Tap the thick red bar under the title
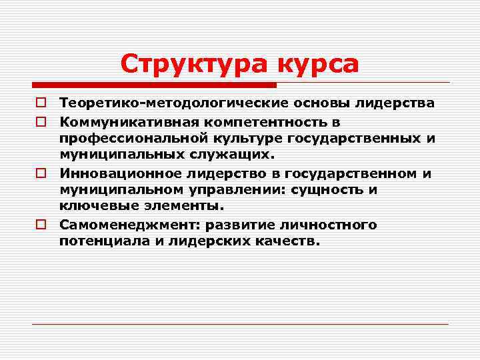coord(154,85)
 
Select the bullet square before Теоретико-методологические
coord(41,104)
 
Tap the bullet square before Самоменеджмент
coord(41,225)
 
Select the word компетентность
coord(265,122)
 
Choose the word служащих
coord(237,155)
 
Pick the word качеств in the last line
coord(284,241)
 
